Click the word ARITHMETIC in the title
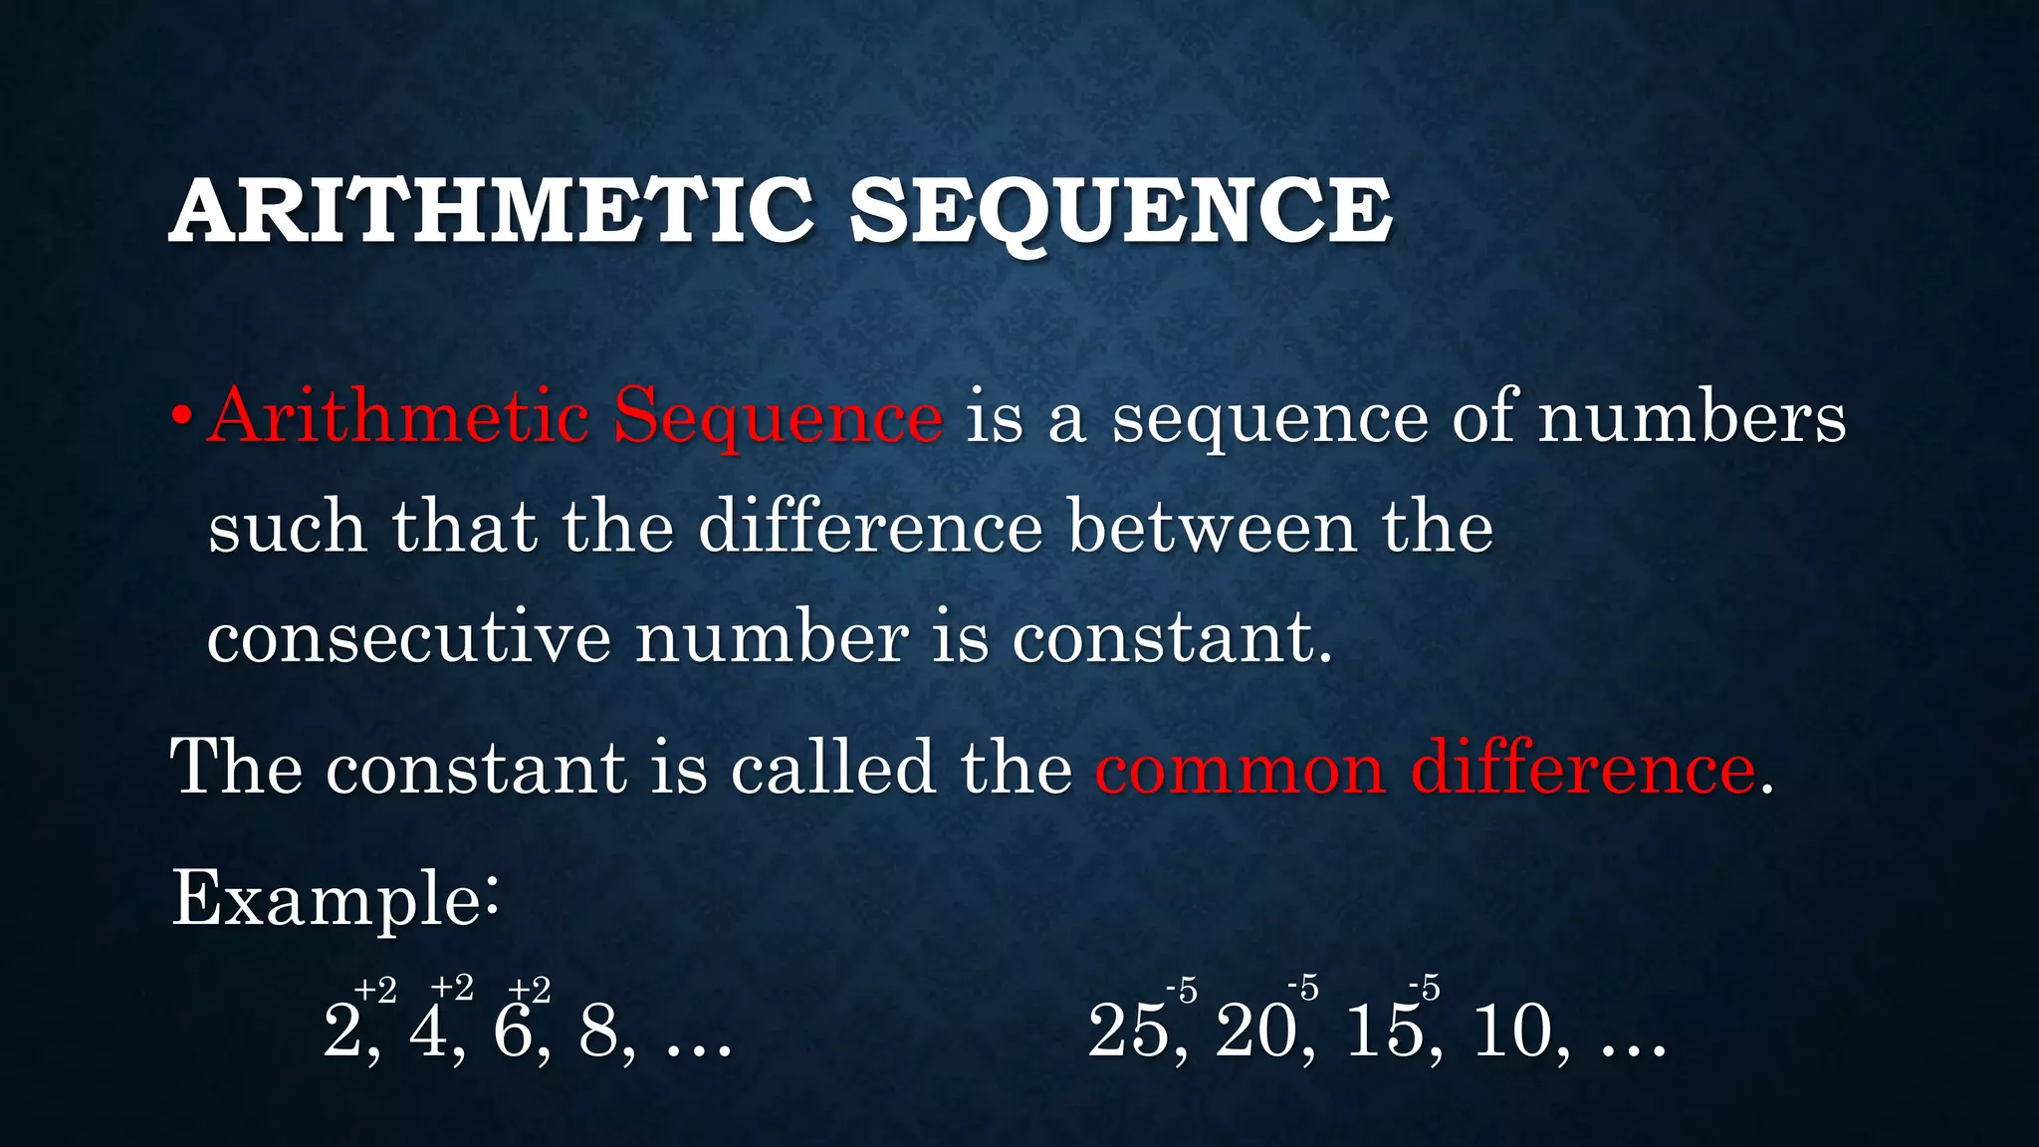[x=491, y=211]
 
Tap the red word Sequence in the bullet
[x=778, y=417]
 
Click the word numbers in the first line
[x=1692, y=417]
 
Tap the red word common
[x=1240, y=769]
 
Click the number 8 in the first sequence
[x=598, y=1031]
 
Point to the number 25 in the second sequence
[x=1128, y=1031]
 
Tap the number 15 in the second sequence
[x=1385, y=1031]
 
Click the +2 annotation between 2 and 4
[x=375, y=990]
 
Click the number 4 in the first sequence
[x=428, y=1031]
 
